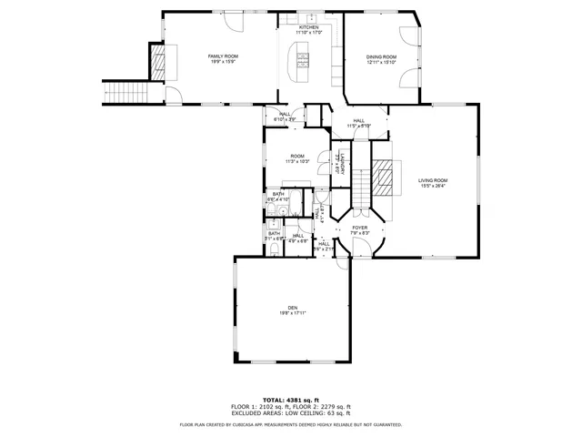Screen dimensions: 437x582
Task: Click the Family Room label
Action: point(223,56)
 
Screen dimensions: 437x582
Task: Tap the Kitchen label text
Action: point(309,27)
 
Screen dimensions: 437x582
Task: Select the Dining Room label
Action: point(381,56)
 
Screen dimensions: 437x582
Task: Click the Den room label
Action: point(293,308)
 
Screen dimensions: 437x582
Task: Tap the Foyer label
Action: point(360,228)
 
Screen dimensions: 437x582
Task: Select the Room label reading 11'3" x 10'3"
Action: point(297,156)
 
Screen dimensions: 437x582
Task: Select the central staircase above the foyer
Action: point(362,189)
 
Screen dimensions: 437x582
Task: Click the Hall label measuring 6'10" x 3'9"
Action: point(286,114)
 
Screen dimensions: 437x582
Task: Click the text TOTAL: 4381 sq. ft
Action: point(291,400)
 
